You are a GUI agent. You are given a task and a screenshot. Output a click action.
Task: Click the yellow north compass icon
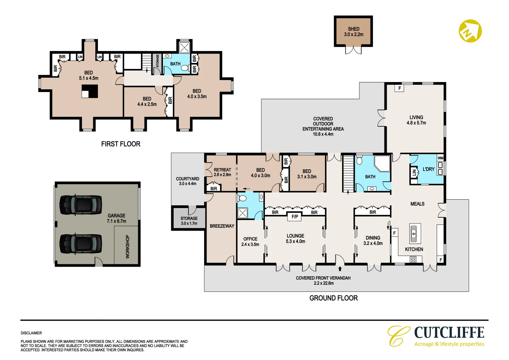[x=470, y=31]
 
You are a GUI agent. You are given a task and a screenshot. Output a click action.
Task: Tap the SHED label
[x=353, y=29]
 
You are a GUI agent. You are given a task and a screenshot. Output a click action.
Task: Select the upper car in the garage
[x=81, y=204]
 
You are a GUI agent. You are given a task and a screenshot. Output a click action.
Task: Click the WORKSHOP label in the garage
[x=127, y=246]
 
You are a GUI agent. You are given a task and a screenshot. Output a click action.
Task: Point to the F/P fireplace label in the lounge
[x=295, y=217]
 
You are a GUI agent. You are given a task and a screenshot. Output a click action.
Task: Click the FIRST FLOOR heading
[x=121, y=144]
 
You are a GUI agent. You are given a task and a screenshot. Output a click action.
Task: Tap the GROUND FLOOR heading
[x=333, y=298]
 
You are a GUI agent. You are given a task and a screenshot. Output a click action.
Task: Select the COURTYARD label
[x=188, y=179]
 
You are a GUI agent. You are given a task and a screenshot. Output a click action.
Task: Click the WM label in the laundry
[x=440, y=158]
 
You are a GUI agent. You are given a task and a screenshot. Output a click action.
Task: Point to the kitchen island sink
[x=413, y=233]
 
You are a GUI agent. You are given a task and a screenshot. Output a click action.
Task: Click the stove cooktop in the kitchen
[x=413, y=259]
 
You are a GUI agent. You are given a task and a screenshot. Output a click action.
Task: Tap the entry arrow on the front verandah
[x=340, y=268]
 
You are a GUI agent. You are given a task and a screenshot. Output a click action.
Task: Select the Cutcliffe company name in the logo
[x=449, y=333]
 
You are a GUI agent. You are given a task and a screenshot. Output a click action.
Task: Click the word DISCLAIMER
[x=31, y=333]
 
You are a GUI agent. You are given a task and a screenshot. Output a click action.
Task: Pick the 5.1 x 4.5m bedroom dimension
[x=89, y=78]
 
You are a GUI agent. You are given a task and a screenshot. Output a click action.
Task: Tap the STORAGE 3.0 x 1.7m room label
[x=189, y=221]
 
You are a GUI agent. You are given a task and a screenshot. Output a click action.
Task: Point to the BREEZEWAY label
[x=222, y=226]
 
